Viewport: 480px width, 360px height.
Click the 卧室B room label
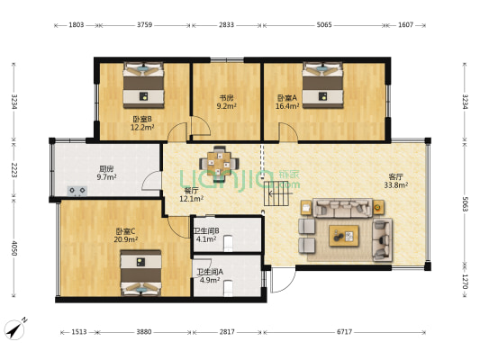[142, 118]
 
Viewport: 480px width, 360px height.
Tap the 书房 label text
[226, 97]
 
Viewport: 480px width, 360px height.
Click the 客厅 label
[396, 176]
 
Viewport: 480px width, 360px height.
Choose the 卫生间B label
[206, 231]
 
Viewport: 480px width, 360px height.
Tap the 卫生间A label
[210, 271]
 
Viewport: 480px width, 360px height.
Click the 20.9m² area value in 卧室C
[126, 239]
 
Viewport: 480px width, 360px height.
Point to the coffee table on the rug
[344, 236]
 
